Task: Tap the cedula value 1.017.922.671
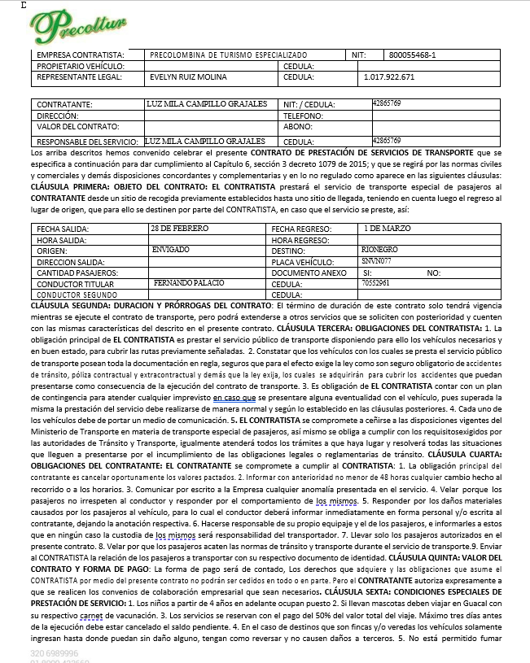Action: pyautogui.click(x=389, y=77)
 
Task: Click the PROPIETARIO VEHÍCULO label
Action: pyautogui.click(x=81, y=66)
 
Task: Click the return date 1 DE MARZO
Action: pyautogui.click(x=387, y=229)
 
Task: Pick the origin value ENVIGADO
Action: pyautogui.click(x=170, y=250)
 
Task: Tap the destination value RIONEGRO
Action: pyautogui.click(x=379, y=250)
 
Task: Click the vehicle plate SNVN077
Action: pyautogui.click(x=376, y=261)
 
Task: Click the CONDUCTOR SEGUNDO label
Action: pyautogui.click(x=75, y=294)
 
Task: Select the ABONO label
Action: pyautogui.click(x=296, y=127)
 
